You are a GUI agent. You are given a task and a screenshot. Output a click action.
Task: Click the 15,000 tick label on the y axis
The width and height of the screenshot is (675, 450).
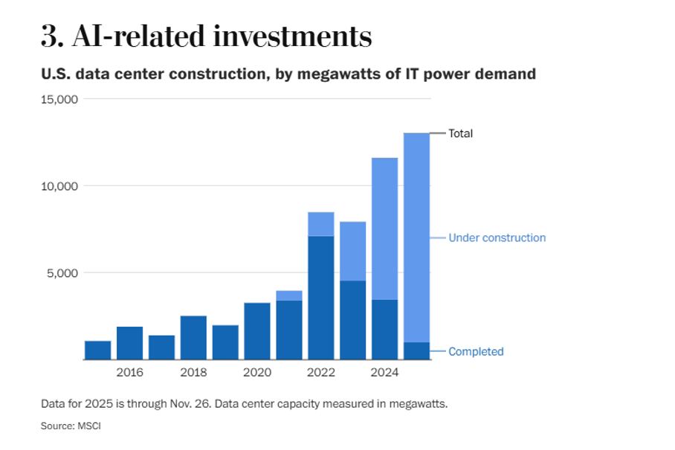coord(59,100)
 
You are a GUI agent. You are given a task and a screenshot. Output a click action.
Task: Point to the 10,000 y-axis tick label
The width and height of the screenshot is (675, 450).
coord(59,186)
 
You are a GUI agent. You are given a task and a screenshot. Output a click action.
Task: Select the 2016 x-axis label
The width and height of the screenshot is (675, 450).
coord(129,372)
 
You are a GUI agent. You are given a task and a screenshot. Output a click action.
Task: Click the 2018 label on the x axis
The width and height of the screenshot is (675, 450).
coord(193,372)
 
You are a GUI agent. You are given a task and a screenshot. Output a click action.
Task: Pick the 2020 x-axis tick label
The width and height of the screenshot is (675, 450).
coord(257,372)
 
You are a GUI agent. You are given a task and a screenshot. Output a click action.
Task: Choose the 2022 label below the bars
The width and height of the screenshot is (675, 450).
coord(321,372)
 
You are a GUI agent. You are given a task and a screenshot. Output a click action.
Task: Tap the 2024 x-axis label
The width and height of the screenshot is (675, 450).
coord(385,372)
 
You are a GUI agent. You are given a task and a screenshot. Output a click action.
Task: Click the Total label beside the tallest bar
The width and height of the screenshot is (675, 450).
coord(460,134)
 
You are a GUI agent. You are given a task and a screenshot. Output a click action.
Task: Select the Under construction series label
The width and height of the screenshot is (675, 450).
coord(497,238)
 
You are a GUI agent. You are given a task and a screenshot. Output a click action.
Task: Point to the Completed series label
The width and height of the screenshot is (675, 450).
coord(476,352)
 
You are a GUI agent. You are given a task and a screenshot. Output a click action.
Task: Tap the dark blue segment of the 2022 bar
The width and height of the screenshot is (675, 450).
coord(320,297)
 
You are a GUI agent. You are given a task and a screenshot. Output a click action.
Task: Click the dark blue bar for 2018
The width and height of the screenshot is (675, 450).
coord(193,338)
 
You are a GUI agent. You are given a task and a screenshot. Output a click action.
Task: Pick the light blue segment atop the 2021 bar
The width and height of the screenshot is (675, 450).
coord(289,296)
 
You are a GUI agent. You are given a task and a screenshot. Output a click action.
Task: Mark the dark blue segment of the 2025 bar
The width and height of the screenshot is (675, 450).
coord(416,350)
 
